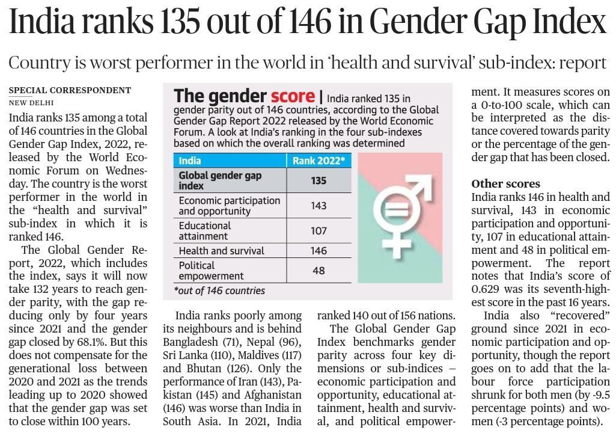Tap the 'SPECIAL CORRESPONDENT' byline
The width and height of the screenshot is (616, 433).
(x=70, y=90)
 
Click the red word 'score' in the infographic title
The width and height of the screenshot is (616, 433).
(x=293, y=96)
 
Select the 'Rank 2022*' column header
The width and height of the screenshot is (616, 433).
(x=319, y=161)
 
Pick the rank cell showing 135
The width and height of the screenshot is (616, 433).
(x=319, y=180)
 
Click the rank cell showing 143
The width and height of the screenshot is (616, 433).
(x=319, y=206)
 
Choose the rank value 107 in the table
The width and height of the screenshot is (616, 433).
(x=319, y=231)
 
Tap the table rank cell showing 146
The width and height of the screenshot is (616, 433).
(x=319, y=251)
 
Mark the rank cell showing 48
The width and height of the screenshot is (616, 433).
(x=319, y=271)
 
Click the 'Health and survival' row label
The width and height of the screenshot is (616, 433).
(x=221, y=251)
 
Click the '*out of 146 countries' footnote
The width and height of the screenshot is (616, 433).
(x=219, y=290)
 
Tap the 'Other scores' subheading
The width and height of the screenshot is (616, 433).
(x=505, y=183)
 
